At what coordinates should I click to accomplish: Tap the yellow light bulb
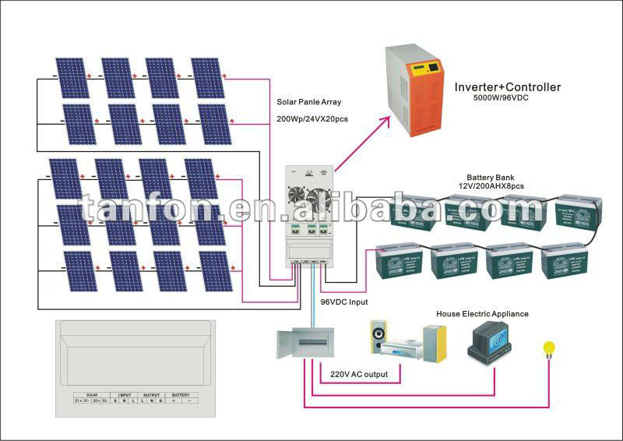point(548,348)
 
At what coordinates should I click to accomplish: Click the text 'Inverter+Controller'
point(507,87)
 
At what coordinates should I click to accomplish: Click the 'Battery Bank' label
point(490,178)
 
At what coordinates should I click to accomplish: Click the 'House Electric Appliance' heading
point(482,314)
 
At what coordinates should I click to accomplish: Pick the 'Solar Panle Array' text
point(309,102)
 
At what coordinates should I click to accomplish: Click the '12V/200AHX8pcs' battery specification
point(492,188)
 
